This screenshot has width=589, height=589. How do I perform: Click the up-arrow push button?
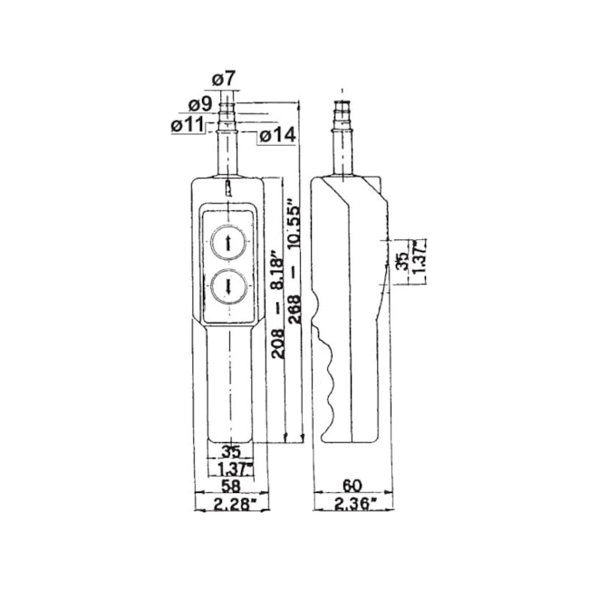coord(228,242)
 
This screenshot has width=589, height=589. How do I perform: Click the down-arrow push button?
coord(228,287)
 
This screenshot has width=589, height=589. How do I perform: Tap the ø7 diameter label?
coord(224,79)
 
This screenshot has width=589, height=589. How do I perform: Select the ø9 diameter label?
coord(200,104)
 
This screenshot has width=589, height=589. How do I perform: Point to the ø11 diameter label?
coord(187,125)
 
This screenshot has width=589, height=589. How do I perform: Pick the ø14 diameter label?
coord(277,136)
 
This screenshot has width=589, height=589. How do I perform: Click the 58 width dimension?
coord(231,487)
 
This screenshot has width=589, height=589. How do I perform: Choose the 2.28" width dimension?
coord(232,505)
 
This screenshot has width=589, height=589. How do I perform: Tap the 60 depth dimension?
coord(352,487)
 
